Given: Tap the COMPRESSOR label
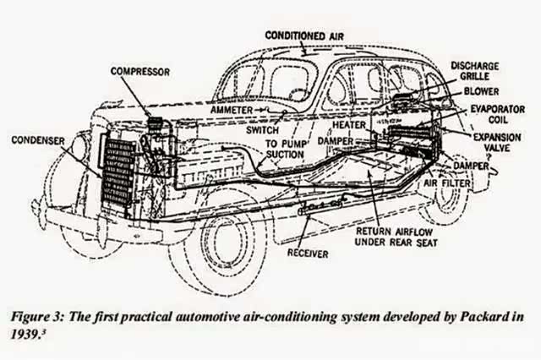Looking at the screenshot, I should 141,71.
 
